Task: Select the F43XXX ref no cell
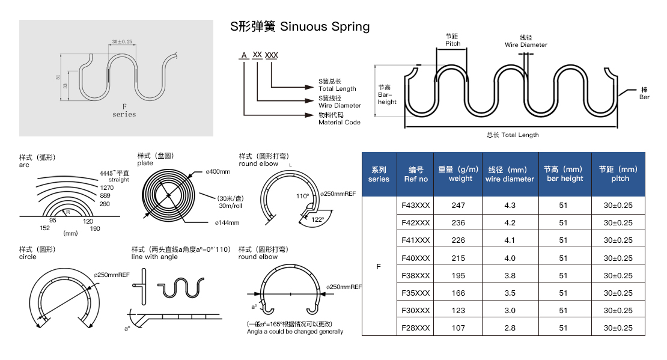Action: coord(415,206)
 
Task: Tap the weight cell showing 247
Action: coord(458,206)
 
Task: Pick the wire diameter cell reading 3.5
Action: coord(510,293)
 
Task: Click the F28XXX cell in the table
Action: coord(415,328)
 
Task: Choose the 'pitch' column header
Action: coord(620,174)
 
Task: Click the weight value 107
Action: coord(458,328)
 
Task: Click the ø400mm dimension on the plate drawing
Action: coord(218,172)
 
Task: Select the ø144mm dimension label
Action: coord(227,223)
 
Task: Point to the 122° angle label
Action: coord(317,219)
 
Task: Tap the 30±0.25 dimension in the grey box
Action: coord(122,41)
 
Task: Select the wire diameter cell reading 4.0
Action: coord(510,258)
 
